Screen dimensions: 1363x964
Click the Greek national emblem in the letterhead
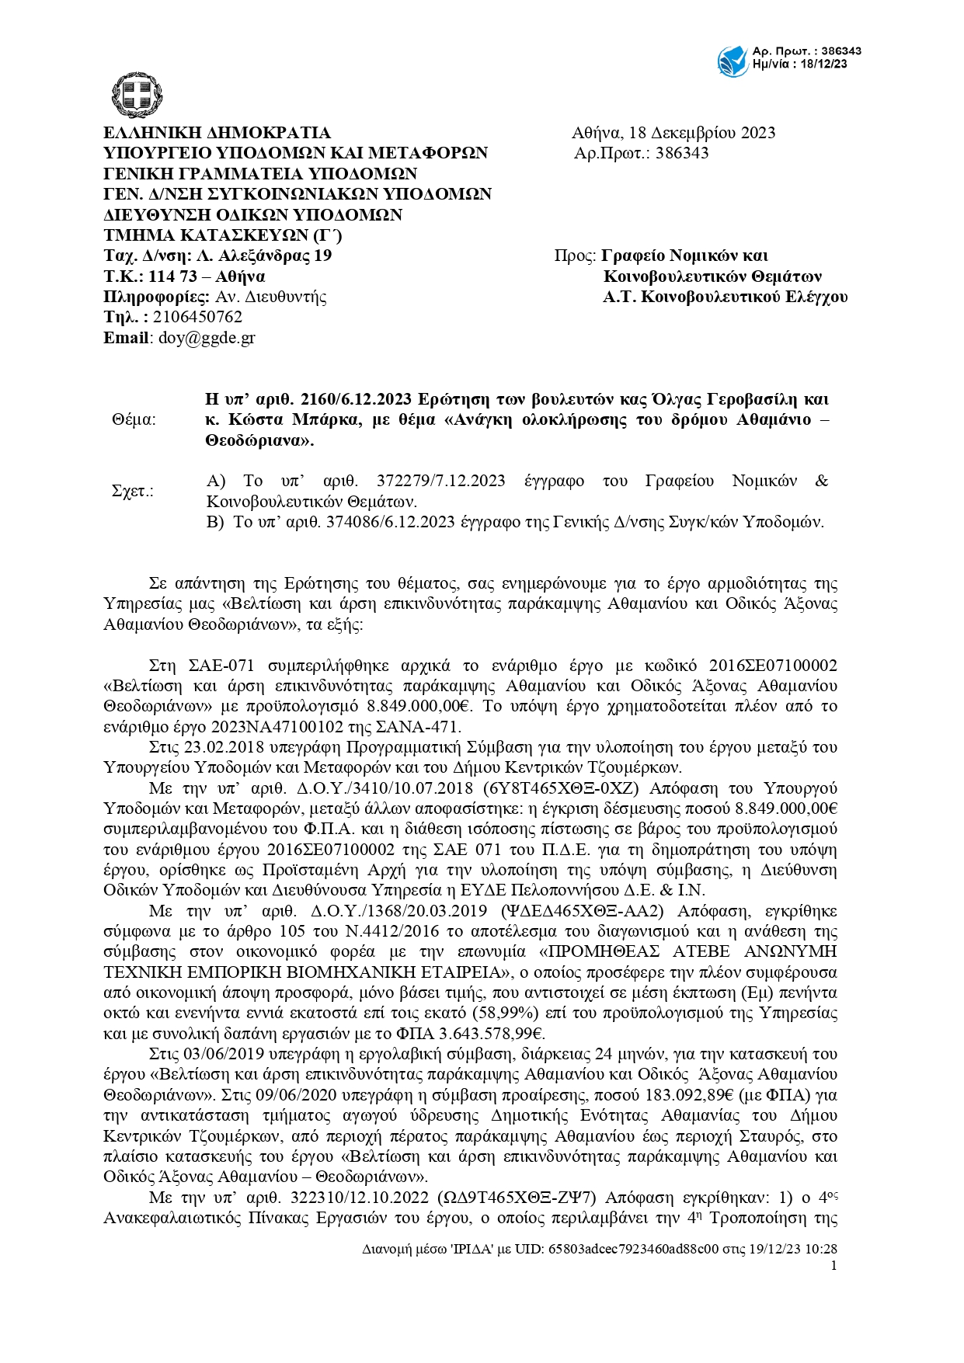click(x=137, y=95)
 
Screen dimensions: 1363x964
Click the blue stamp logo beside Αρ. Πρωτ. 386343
click(x=732, y=61)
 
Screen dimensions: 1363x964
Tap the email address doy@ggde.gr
click(x=207, y=338)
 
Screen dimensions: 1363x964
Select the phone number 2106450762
click(x=197, y=317)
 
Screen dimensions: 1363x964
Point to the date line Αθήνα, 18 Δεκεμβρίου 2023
click(x=673, y=133)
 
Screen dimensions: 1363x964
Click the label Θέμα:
click(x=134, y=420)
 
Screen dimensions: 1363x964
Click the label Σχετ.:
click(x=133, y=491)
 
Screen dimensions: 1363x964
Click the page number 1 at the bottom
click(x=833, y=1266)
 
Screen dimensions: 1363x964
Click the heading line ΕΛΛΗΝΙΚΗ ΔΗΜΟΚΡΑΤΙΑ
click(x=217, y=133)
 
